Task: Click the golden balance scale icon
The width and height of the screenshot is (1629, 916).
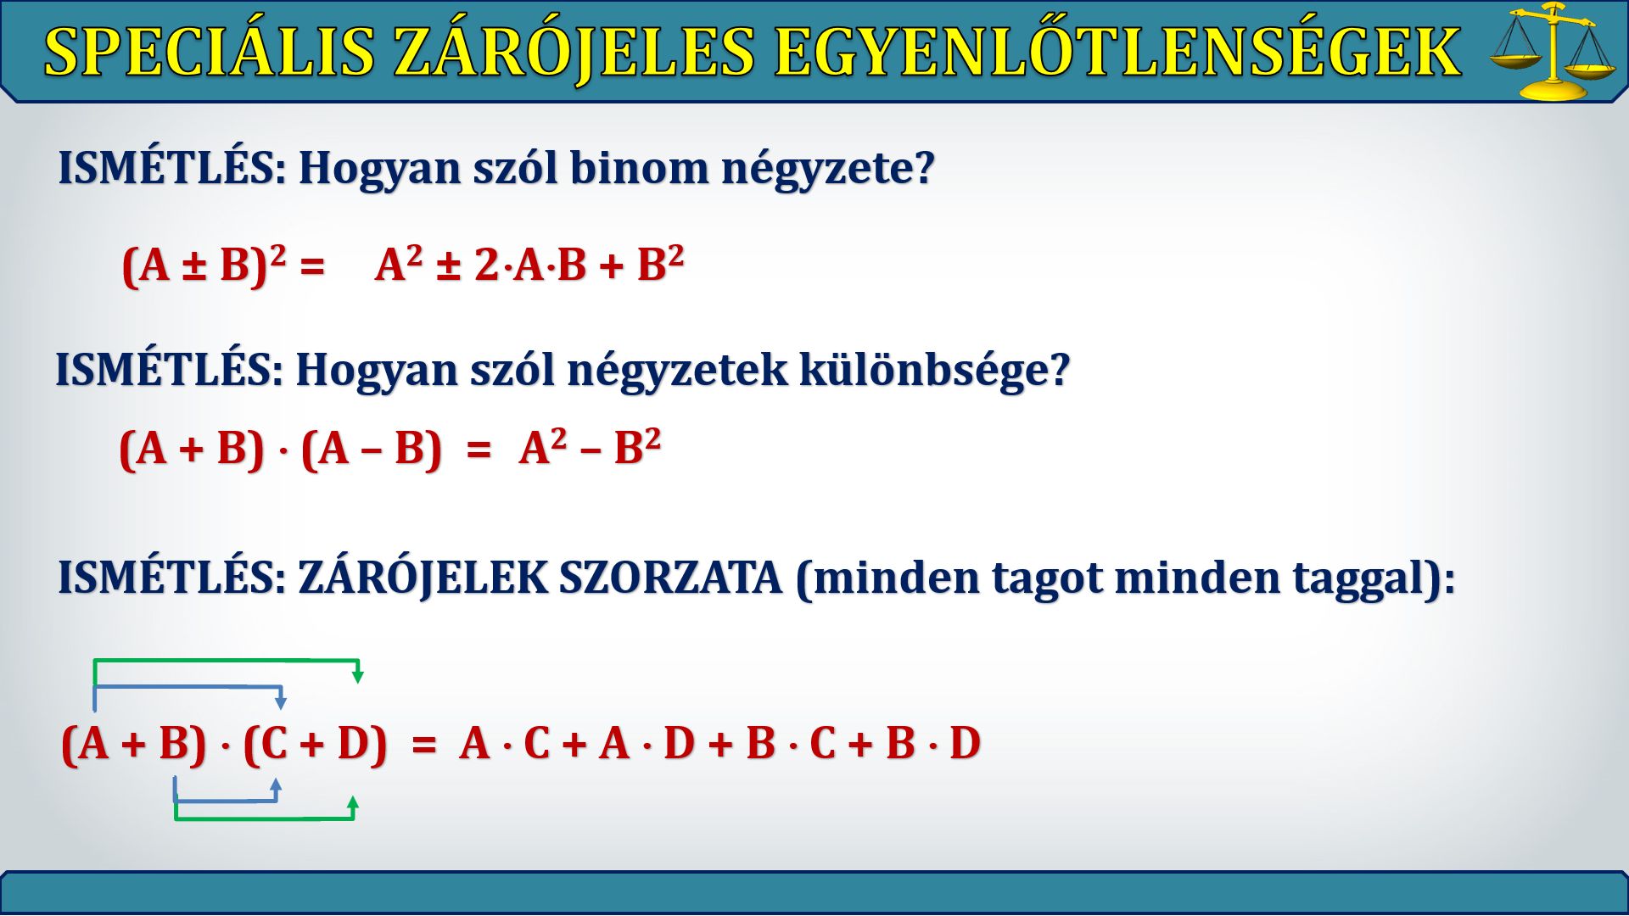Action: coord(1553,51)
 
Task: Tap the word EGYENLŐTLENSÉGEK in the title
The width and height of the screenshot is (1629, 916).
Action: coord(1117,53)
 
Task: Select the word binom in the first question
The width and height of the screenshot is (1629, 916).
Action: coord(639,167)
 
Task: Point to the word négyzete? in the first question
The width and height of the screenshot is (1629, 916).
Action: coord(828,169)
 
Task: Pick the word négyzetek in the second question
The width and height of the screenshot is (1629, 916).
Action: coord(677,371)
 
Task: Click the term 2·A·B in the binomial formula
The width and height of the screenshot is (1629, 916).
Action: coord(530,265)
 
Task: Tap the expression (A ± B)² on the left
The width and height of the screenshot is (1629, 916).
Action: coord(204,265)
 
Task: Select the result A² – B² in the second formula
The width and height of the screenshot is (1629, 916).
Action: coord(590,447)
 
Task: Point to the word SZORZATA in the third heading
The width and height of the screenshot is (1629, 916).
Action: coord(670,578)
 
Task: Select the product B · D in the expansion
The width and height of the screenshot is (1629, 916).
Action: coord(933,743)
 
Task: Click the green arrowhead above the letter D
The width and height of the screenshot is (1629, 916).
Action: coord(358,676)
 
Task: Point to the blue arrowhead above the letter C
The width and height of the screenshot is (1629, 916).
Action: coord(281,702)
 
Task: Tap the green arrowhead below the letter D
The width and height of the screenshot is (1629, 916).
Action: coord(353,802)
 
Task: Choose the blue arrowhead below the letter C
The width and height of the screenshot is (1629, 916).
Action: coord(276,785)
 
